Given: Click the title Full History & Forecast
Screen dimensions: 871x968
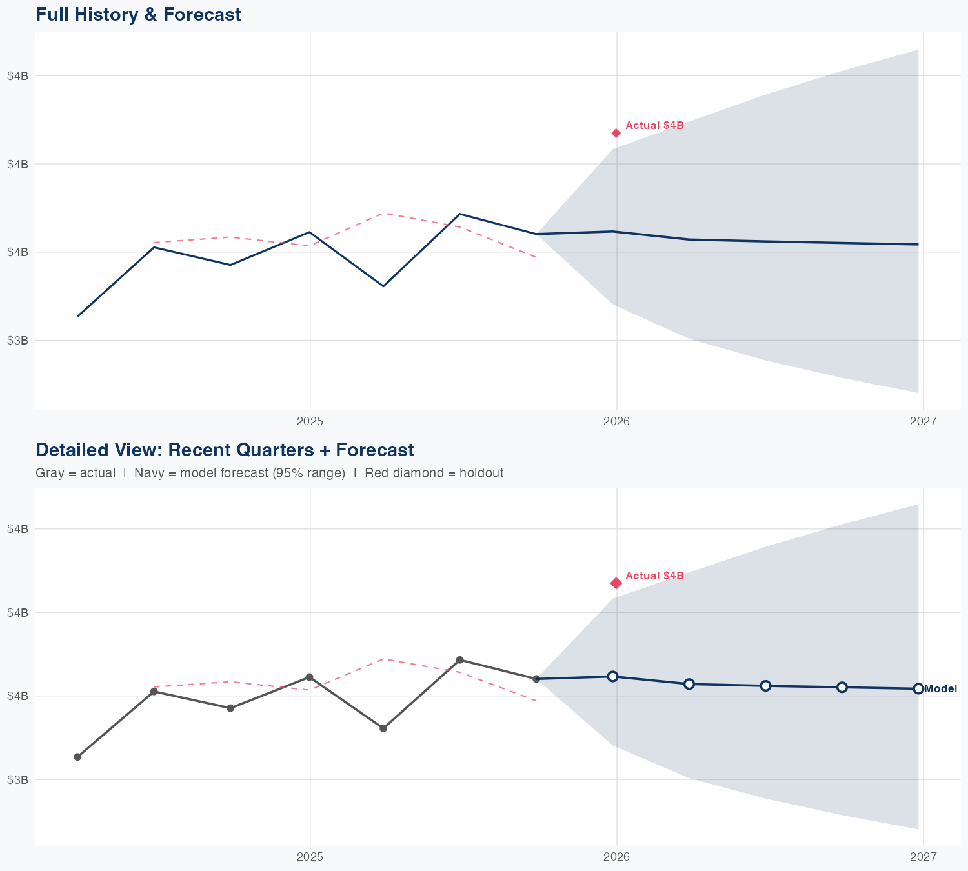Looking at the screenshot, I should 138,14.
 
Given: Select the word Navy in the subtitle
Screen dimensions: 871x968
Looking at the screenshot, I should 148,473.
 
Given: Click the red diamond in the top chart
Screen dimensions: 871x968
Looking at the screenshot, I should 616,133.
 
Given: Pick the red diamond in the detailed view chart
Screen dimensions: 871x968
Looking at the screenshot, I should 616,583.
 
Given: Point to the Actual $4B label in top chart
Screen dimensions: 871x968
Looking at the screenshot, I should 654,126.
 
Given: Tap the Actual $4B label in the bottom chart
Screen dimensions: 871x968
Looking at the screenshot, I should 654,576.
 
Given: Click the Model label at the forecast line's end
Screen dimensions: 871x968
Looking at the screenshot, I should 941,689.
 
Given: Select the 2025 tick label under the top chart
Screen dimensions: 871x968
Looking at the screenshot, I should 310,421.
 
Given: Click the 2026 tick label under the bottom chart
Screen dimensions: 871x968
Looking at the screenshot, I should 616,856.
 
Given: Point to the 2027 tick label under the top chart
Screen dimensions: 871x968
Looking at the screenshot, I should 923,421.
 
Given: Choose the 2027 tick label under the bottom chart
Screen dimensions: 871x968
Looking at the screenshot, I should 923,856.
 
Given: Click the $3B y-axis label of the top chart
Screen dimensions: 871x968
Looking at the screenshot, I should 17,340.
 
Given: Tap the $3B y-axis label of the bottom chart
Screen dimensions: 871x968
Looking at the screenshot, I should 17,779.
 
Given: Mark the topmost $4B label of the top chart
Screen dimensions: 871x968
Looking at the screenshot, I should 17,75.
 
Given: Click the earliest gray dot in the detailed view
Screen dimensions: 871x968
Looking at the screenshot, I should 77,757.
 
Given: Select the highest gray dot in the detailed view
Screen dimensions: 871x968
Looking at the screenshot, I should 459,660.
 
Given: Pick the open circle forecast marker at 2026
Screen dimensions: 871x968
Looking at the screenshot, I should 613,676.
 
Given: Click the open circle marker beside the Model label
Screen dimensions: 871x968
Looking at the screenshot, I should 918,689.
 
